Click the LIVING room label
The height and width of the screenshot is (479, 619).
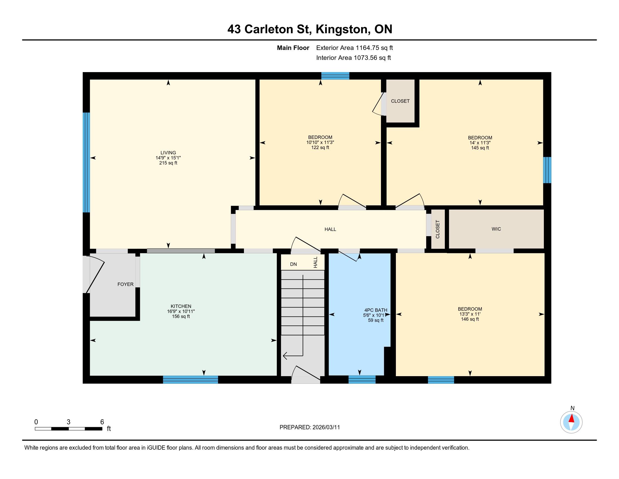pos(168,153)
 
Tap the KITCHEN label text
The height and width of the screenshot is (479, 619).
pos(181,306)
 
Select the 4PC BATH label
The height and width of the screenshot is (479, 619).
pos(376,310)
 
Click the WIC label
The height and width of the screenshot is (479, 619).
pos(496,229)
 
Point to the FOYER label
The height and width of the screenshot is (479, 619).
pos(125,284)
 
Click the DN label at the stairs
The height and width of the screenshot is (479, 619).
pos(293,264)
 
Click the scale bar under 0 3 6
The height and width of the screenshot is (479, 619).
pos(68,429)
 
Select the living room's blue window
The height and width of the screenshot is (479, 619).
pos(86,162)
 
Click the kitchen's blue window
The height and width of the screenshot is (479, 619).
pos(190,380)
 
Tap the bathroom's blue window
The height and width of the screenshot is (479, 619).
pos(362,380)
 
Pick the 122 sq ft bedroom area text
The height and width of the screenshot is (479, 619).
pos(320,148)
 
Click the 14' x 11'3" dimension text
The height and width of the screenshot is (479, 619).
pos(480,143)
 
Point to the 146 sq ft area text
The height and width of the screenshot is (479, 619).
pos(470,319)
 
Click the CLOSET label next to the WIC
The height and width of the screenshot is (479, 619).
pos(438,229)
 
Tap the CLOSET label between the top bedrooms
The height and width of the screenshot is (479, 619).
pos(400,101)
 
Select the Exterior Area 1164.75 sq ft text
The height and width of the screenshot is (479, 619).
pos(355,48)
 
